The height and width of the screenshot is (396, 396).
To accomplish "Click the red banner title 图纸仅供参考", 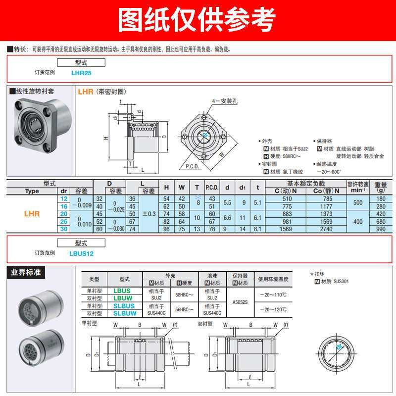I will (x=198, y=20).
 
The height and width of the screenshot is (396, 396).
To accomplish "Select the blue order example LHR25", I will (x=81, y=72).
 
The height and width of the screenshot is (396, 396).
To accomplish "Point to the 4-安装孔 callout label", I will (x=225, y=100).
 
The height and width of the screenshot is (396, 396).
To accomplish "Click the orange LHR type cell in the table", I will (x=32, y=214).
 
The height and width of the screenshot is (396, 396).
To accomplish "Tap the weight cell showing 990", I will (x=380, y=229).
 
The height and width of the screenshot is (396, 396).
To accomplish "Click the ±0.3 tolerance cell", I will (x=148, y=214).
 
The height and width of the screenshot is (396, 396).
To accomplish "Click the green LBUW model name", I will (x=122, y=298).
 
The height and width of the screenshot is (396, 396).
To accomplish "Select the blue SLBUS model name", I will (x=124, y=306).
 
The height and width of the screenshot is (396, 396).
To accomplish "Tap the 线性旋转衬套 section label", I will (x=35, y=92).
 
